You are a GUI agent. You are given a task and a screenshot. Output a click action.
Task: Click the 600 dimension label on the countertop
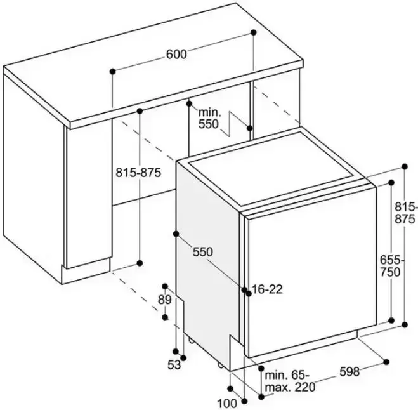point(176,55)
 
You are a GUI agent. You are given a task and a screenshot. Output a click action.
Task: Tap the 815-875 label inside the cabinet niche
point(139,172)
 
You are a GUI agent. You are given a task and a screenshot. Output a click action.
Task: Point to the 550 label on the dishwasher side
point(203,251)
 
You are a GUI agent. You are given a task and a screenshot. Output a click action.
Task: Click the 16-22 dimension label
point(266,289)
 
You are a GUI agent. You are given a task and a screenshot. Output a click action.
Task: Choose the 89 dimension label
point(165,300)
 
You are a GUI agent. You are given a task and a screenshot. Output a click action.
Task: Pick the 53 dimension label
point(174,364)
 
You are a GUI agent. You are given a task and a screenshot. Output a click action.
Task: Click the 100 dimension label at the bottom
point(226,402)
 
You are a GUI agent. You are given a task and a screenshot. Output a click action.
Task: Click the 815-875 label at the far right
point(406,212)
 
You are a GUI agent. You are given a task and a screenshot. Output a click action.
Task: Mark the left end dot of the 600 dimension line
point(112,70)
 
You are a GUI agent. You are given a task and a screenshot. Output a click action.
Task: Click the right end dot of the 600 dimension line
point(253,32)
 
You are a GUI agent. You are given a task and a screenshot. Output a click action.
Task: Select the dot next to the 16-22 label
point(245,289)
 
